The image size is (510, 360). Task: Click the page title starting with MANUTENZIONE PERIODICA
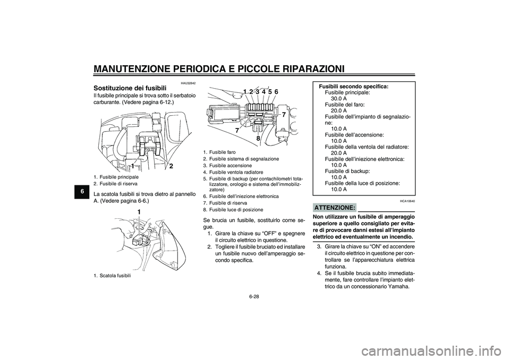(x=218, y=68)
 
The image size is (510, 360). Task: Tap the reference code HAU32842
(x=188, y=83)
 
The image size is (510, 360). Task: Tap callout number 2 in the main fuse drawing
(x=171, y=166)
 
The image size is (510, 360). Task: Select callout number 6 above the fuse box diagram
(x=276, y=91)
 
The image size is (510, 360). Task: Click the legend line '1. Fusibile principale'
(x=116, y=176)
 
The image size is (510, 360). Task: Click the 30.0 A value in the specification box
(x=339, y=98)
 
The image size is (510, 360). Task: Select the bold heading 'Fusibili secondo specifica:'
(x=353, y=86)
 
